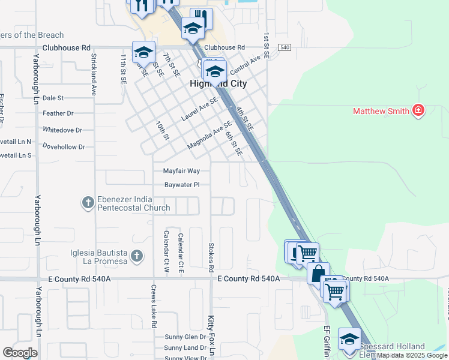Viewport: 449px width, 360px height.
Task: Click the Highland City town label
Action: tap(218, 85)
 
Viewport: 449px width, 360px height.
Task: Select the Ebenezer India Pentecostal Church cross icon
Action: tap(88, 203)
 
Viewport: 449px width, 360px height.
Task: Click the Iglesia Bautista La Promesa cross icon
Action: tap(137, 257)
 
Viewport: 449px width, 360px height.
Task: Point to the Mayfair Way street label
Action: tap(181, 171)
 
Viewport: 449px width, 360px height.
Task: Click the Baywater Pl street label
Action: tap(181, 185)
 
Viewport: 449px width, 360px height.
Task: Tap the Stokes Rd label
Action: tap(211, 256)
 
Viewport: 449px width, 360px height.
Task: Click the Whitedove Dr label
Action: tap(62, 130)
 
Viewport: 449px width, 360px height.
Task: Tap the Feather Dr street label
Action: tap(58, 113)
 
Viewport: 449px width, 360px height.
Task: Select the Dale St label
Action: tap(53, 97)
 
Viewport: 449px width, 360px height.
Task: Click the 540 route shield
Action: tap(285, 47)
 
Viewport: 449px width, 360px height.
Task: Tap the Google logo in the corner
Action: tap(20, 352)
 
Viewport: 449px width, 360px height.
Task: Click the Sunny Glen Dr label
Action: tap(185, 337)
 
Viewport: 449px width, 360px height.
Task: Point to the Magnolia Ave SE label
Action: tap(209, 136)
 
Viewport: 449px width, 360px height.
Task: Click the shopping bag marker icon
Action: tap(318, 273)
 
